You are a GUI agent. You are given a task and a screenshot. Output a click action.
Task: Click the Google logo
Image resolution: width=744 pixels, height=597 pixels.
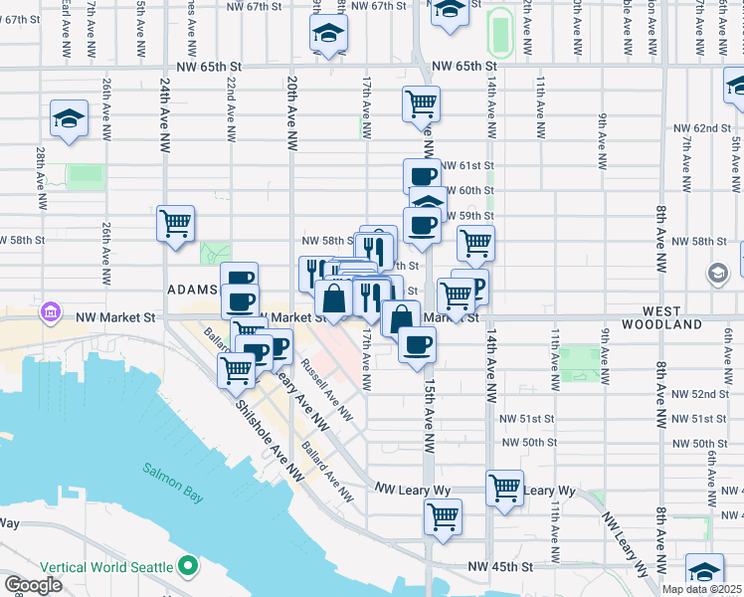pos(33,585)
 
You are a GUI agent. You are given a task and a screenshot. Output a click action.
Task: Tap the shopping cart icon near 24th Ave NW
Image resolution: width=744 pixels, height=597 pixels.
pos(175,223)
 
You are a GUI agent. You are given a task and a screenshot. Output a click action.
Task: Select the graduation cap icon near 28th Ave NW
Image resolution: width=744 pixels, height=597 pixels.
pos(69,118)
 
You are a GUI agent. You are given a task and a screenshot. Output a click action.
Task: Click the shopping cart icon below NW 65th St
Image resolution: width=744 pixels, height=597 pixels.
pos(422,102)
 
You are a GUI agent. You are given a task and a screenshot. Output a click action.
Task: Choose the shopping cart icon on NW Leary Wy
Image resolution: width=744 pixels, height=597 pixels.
pos(504,488)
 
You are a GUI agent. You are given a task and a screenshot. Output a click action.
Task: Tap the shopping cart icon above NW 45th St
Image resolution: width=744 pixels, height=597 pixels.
pos(442,515)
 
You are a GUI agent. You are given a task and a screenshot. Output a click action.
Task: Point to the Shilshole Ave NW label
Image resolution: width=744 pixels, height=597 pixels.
pos(269,441)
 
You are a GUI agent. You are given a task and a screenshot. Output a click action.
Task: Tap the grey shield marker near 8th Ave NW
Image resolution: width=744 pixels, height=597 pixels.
pos(716,273)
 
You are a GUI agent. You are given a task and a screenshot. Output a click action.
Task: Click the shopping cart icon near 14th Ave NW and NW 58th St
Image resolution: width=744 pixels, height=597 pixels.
pos(475,242)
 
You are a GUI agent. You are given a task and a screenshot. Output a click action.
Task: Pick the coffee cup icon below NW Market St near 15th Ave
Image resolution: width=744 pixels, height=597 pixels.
pos(417,344)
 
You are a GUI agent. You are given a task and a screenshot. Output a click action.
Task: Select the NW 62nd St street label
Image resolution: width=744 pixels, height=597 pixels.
pos(711,128)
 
